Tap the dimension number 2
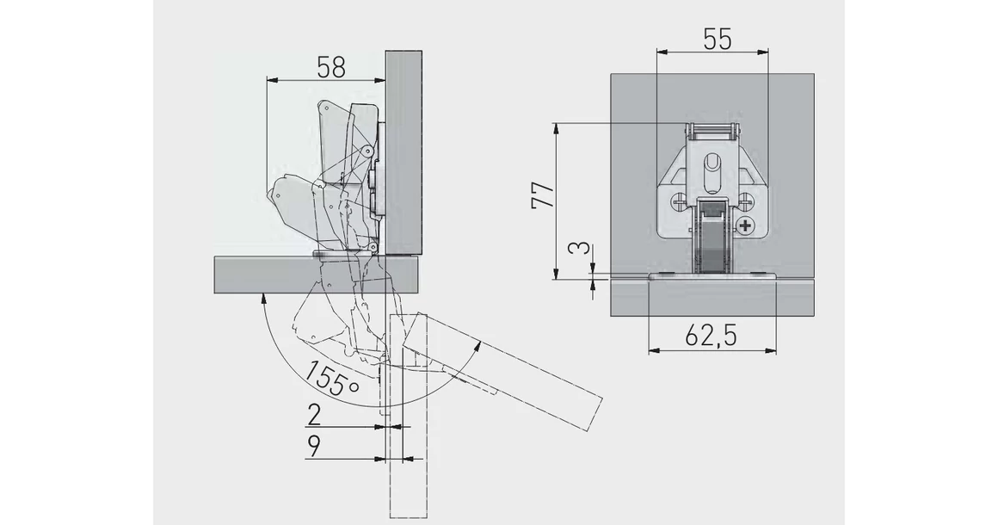pos(314,416)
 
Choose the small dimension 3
pos(582,250)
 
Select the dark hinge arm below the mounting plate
pos(711,245)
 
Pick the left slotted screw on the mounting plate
pos(680,204)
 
